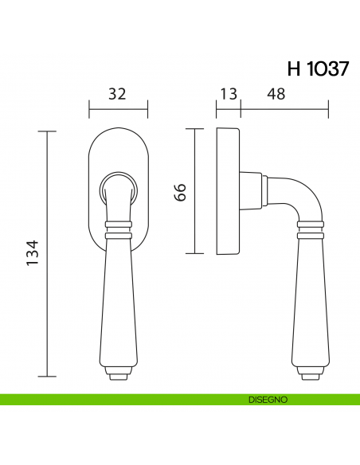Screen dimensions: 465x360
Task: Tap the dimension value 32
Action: click(x=117, y=94)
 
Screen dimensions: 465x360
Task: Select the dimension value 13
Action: click(x=228, y=94)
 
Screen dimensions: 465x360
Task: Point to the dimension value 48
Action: click(x=276, y=94)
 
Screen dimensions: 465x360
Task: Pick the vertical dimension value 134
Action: click(x=33, y=254)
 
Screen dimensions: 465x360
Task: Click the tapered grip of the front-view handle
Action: click(x=118, y=303)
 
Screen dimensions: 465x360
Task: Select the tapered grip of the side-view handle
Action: click(x=312, y=303)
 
